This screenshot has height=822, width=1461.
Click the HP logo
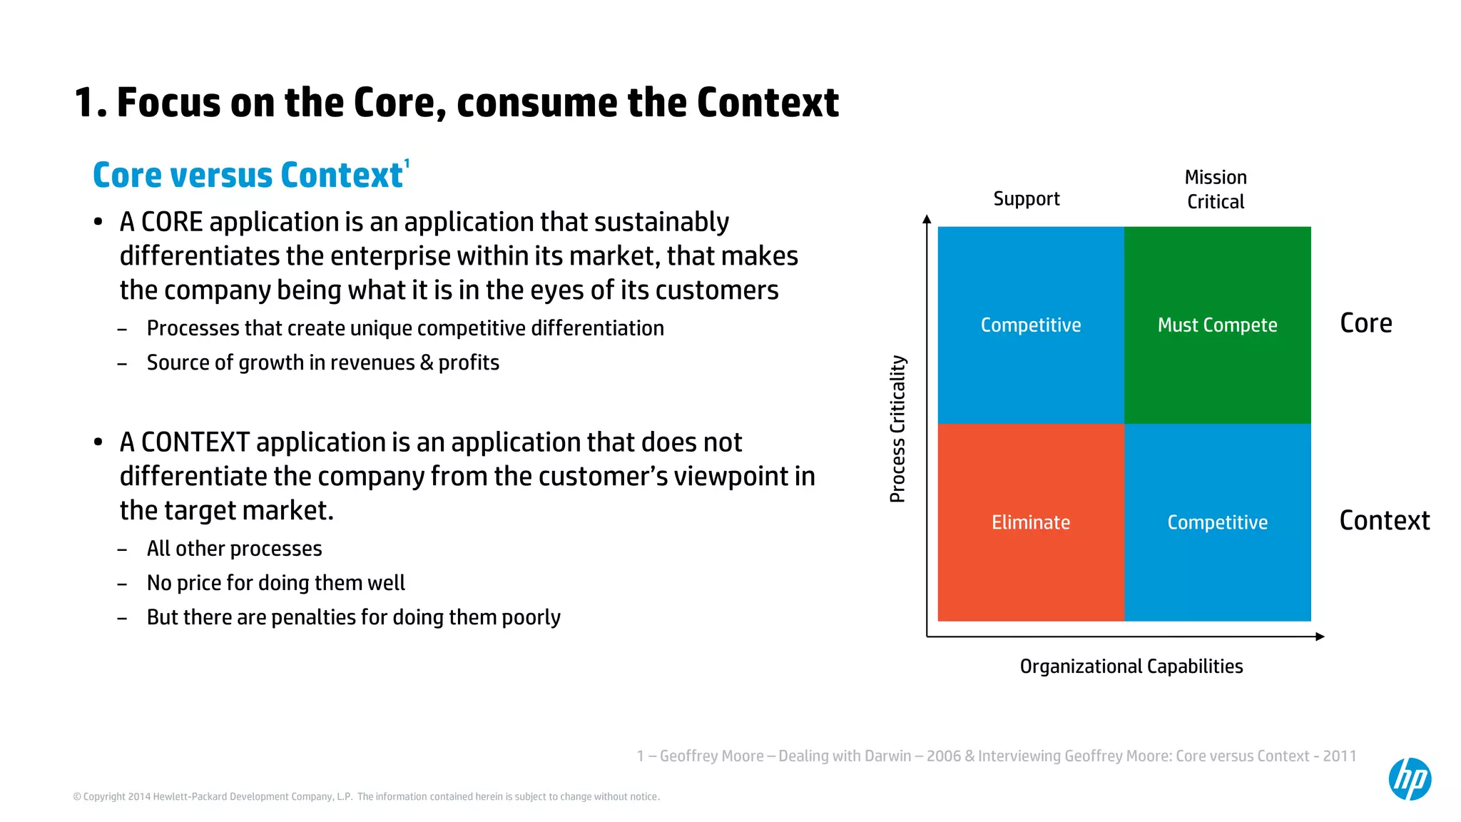1410,778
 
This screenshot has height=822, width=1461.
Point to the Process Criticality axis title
897,429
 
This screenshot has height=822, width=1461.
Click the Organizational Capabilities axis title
1131,666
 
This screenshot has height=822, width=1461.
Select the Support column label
1026,198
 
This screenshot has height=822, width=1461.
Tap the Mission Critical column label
1216,189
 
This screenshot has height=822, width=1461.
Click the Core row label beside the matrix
1365,323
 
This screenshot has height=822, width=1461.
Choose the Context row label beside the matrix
1384,520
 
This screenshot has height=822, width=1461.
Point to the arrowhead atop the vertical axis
927,220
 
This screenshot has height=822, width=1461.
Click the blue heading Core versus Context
248,176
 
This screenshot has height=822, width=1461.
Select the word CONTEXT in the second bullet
195,442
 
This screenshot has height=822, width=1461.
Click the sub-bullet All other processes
234,549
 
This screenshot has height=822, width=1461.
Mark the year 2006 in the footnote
943,756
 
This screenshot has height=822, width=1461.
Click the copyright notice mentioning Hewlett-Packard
366,796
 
